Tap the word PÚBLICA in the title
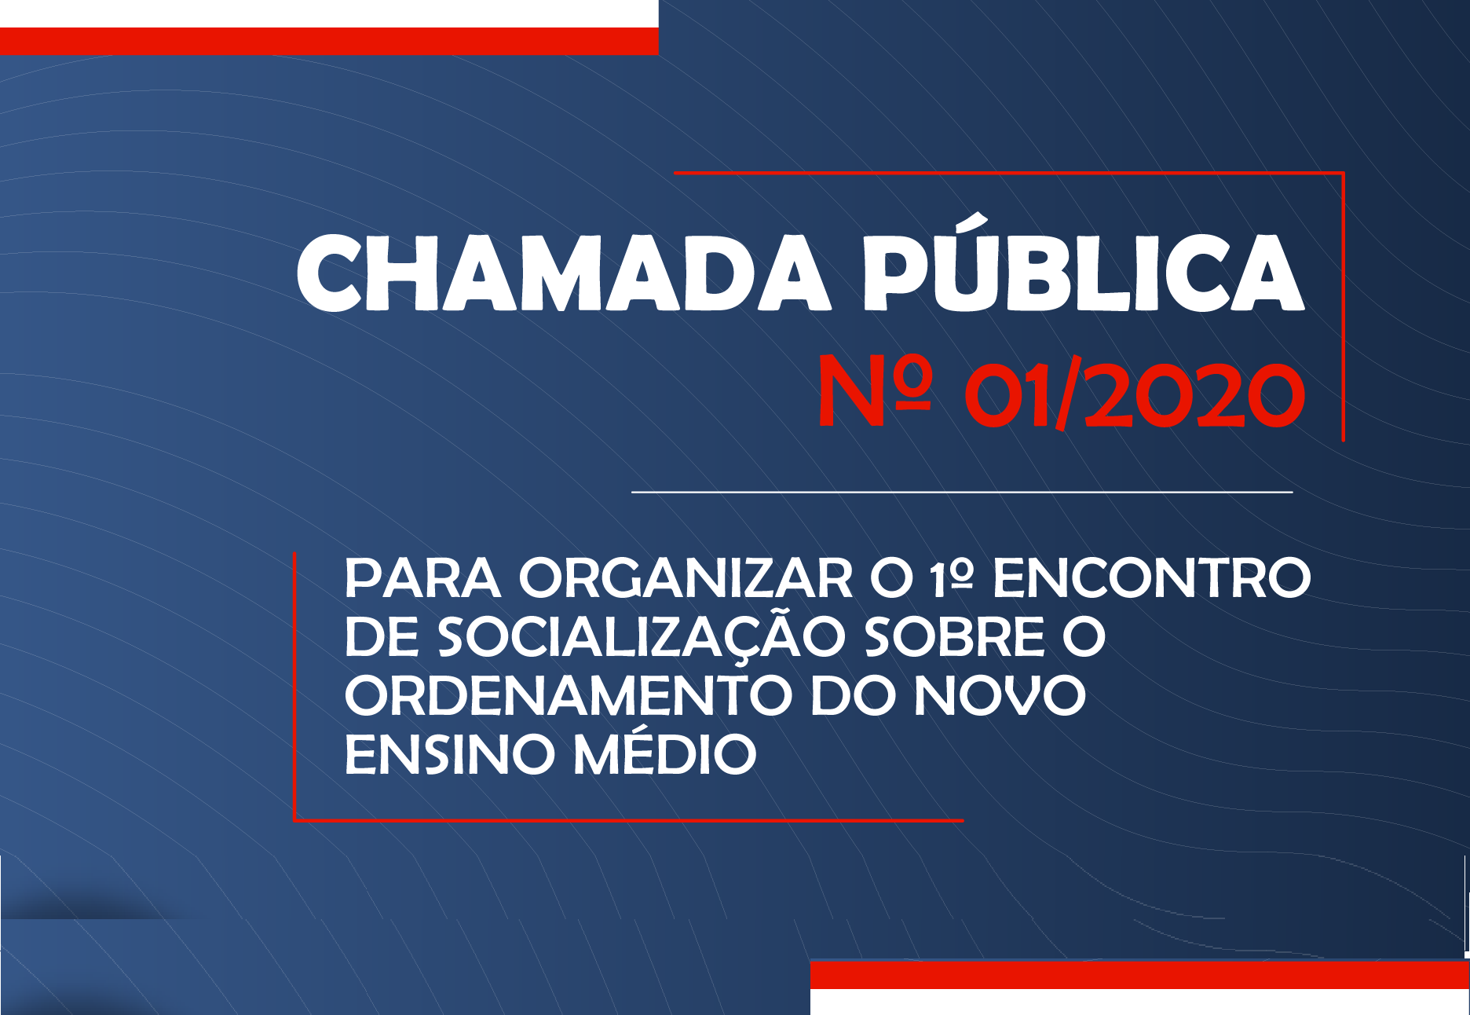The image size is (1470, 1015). (1084, 263)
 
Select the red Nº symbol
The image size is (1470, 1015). (874, 390)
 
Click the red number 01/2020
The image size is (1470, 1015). (1135, 393)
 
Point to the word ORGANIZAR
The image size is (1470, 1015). (686, 579)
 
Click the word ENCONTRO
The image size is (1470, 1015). (1152, 579)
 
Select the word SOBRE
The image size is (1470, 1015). (955, 637)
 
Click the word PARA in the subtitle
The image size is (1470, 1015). (422, 579)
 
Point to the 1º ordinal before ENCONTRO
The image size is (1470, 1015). (952, 579)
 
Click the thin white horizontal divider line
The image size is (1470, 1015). (962, 492)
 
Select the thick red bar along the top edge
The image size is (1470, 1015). (329, 41)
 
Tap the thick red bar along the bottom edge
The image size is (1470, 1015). (1139, 975)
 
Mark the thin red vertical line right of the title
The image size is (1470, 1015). (1344, 306)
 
